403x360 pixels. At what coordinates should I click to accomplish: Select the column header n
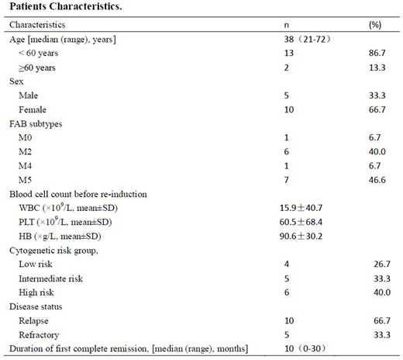point(288,25)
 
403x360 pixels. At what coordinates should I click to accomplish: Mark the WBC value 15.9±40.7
point(310,207)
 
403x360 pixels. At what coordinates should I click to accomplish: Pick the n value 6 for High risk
point(288,291)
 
